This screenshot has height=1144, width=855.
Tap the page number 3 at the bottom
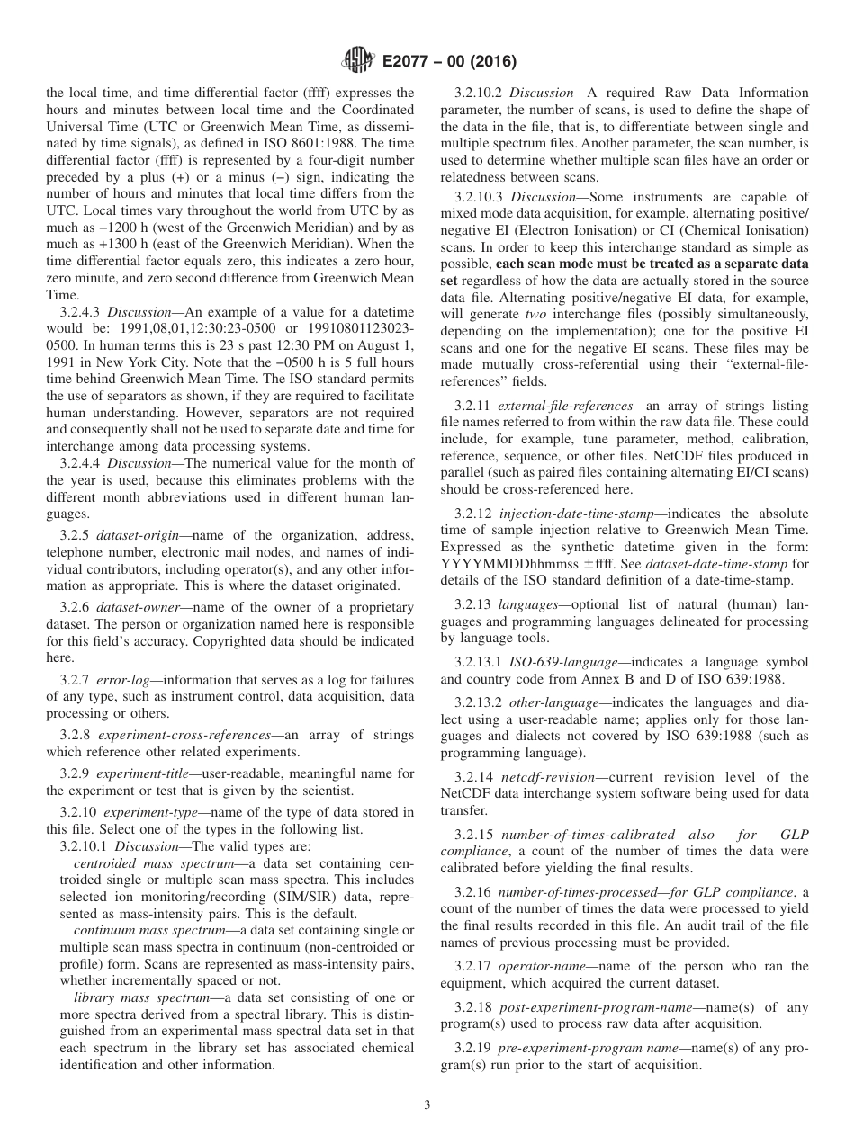[x=427, y=1105]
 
